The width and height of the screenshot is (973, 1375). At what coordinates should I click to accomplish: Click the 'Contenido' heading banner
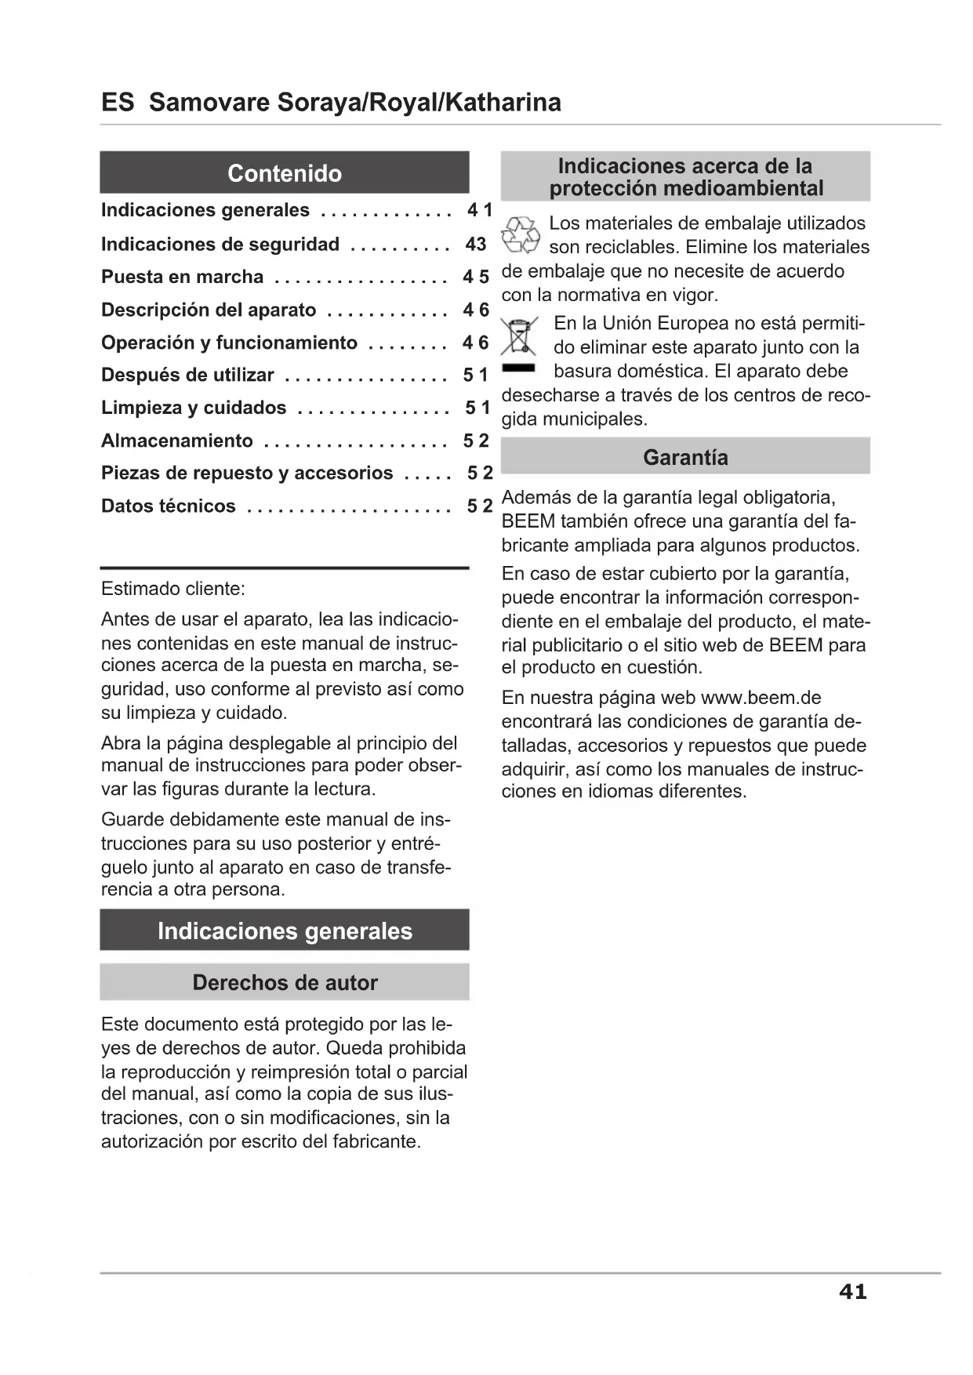pos(284,172)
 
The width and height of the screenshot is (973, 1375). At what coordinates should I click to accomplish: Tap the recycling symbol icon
pos(520,235)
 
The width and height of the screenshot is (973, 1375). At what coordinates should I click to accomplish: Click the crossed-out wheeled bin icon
pos(519,336)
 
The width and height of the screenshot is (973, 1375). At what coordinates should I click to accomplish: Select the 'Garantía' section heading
pos(685,457)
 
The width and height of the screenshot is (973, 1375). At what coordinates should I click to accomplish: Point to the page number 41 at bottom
pos(852,1291)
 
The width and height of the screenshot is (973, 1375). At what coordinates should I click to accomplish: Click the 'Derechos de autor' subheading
pos(285,982)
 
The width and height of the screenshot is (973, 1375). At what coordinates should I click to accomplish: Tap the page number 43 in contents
pos(476,244)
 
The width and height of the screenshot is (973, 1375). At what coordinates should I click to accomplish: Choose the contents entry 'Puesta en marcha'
pos(182,277)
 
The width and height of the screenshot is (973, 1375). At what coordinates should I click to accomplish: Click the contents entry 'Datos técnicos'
pos(168,506)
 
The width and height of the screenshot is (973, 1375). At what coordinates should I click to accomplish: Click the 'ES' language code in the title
pos(118,103)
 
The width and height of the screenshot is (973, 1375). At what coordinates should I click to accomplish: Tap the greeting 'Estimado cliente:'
pos(172,589)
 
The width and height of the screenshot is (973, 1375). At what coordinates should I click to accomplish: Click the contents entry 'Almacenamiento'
pos(176,441)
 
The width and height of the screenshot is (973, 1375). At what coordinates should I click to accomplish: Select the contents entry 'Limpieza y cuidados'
pos(194,408)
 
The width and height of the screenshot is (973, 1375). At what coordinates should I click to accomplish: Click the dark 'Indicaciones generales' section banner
pos(284,931)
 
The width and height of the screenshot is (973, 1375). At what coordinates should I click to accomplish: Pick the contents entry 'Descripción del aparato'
pos(208,310)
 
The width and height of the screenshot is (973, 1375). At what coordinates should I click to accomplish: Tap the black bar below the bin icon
pos(518,367)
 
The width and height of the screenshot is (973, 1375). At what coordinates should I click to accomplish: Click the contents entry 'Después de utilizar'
pos(187,375)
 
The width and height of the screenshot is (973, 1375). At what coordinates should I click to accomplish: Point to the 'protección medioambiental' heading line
pos(686,188)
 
